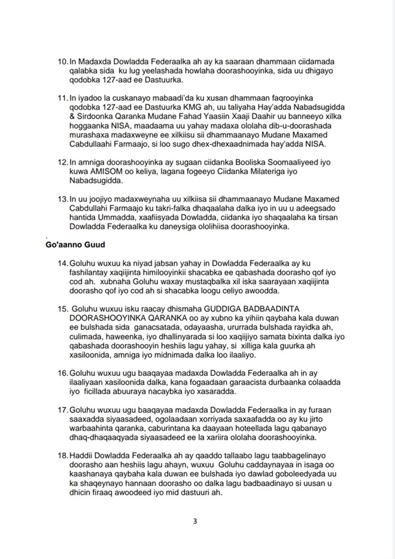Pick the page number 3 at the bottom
pyautogui.click(x=195, y=521)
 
